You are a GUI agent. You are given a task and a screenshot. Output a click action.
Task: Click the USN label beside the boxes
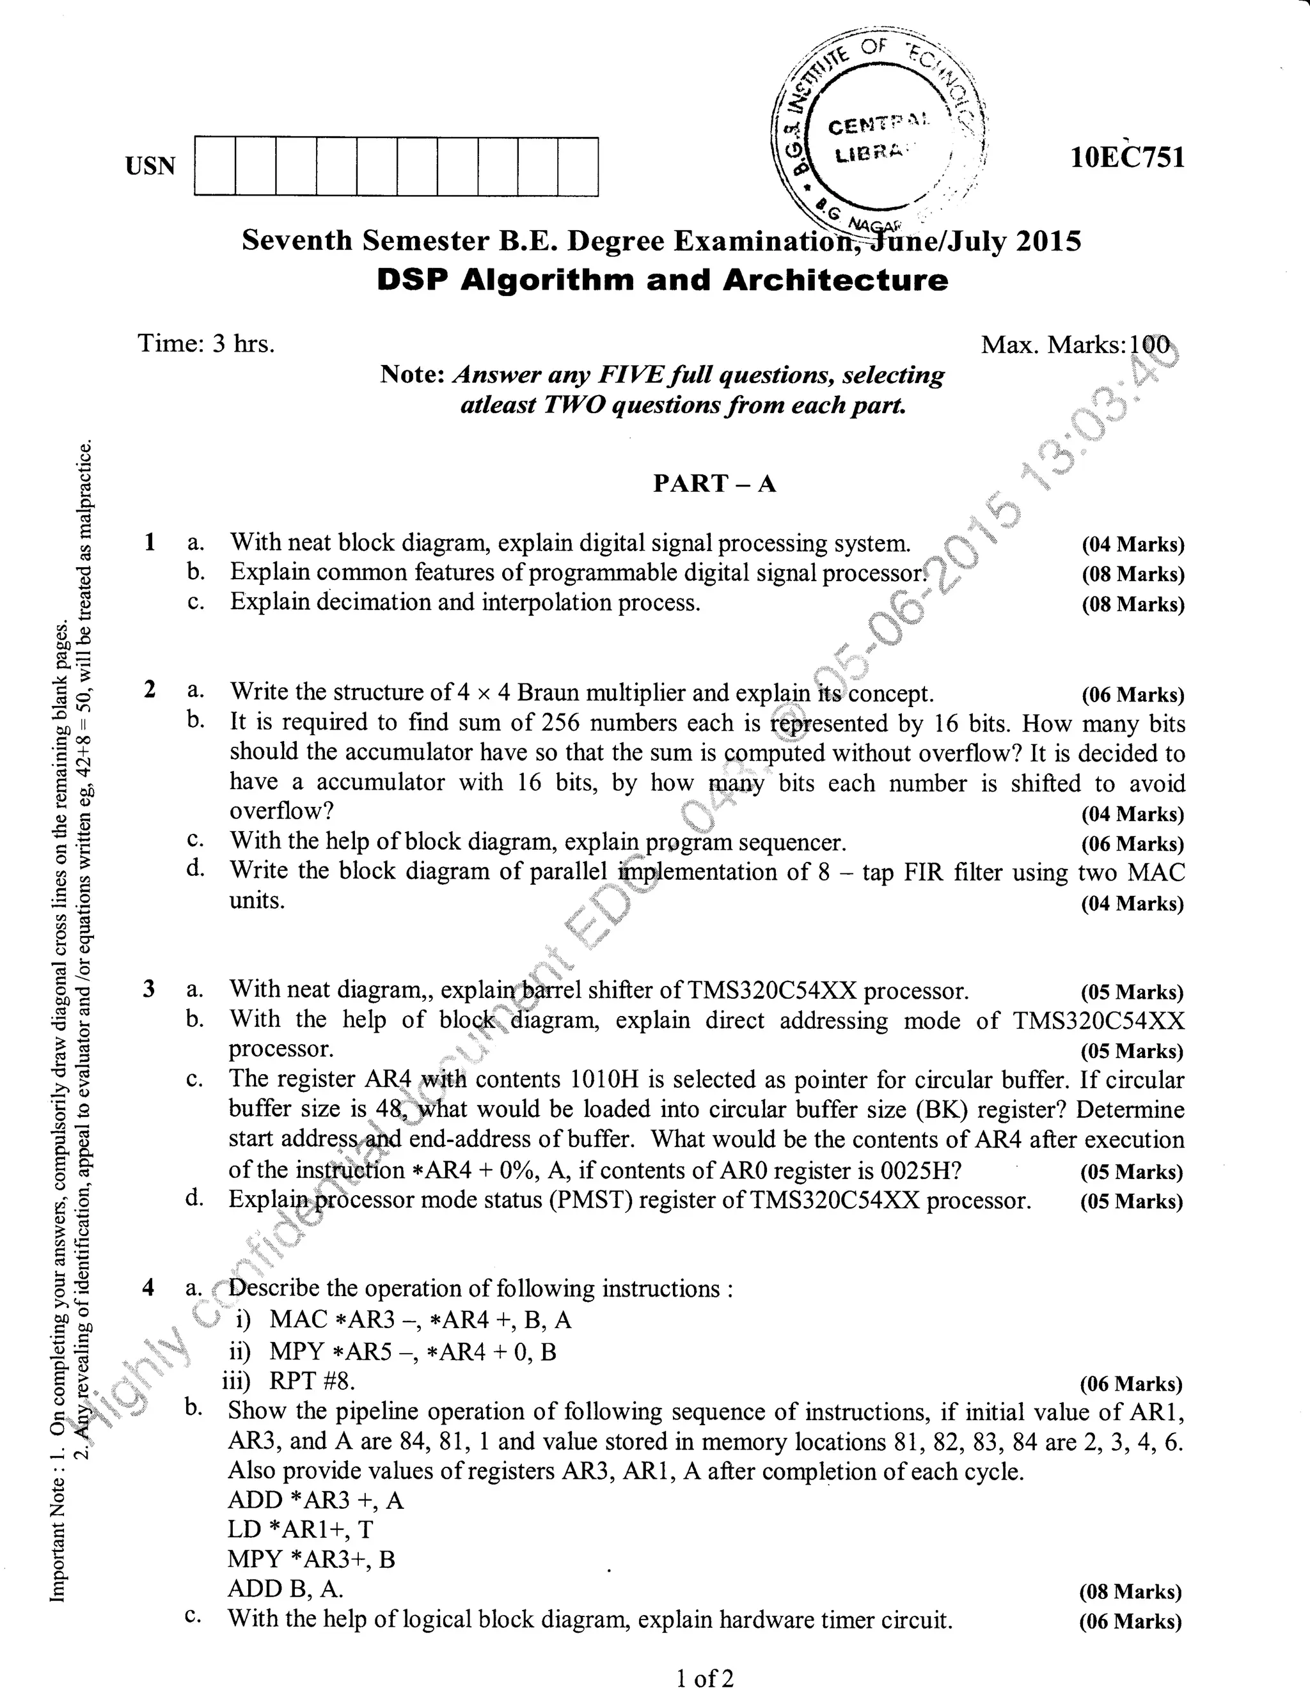pyautogui.click(x=151, y=166)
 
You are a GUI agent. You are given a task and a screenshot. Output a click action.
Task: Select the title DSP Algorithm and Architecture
pyautogui.click(x=663, y=280)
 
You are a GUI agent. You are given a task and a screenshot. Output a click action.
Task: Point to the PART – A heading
pyautogui.click(x=714, y=483)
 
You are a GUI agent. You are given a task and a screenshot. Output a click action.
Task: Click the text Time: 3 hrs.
pyautogui.click(x=207, y=343)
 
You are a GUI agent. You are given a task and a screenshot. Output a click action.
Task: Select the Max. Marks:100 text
pyautogui.click(x=1075, y=345)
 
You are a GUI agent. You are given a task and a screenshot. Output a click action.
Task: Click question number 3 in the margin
pyautogui.click(x=149, y=988)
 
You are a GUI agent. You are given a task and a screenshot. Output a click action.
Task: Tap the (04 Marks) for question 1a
pyautogui.click(x=1133, y=544)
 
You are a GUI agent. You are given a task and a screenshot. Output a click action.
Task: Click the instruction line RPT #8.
pyautogui.click(x=312, y=1382)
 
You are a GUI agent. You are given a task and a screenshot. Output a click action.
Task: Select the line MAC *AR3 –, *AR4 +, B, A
pyautogui.click(x=420, y=1320)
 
